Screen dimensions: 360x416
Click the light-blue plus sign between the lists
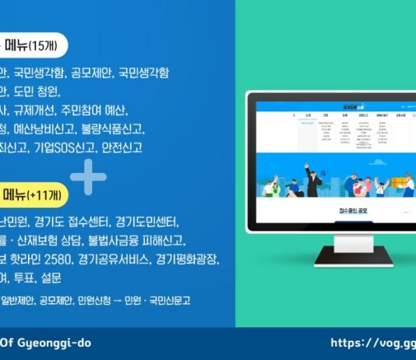87,177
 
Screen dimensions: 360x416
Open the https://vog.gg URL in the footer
372,343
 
